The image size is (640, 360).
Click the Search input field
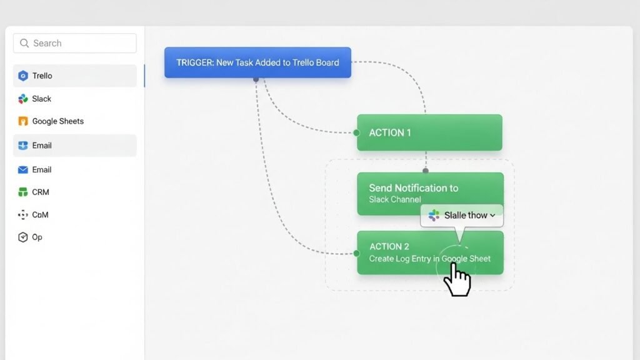75,43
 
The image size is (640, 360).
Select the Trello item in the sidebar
42,76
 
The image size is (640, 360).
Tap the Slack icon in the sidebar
23,99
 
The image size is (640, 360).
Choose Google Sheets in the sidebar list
57,121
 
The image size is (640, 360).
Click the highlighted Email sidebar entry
42,146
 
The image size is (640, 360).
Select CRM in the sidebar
41,192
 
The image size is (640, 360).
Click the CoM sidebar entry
40,214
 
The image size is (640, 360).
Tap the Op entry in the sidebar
37,237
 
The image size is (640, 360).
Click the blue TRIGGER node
257,62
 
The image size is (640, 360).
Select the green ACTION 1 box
429,132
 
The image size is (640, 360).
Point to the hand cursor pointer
457,279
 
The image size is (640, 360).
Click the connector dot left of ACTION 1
356,132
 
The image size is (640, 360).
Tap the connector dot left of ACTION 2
356,253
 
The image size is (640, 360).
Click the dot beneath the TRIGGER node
256,79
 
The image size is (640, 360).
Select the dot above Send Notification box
426,170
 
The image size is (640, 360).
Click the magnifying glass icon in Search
24,43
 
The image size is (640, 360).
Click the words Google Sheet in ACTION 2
466,259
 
